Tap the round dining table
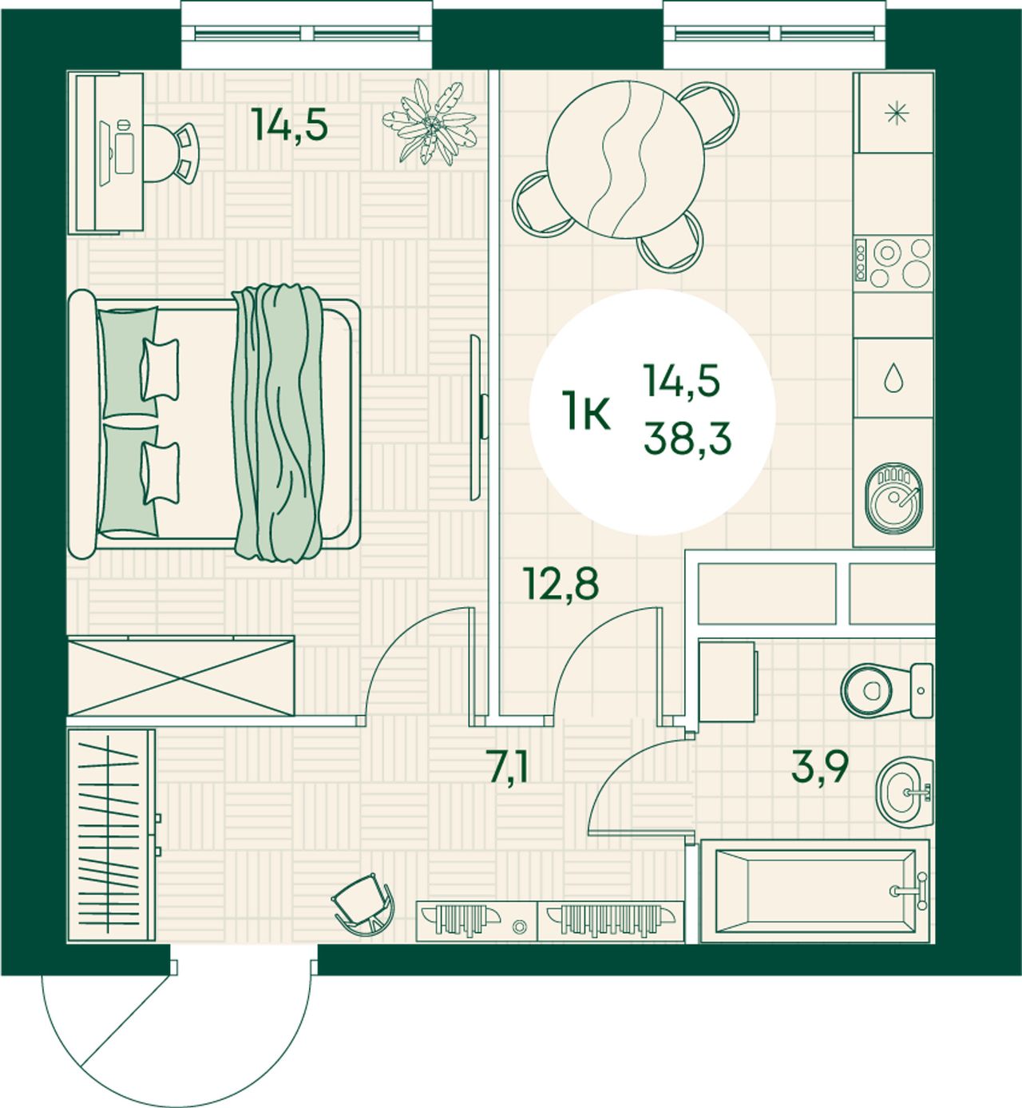pos(625,160)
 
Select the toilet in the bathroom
pos(886,690)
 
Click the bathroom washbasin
pos(905,792)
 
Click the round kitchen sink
pos(893,498)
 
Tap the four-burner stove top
pos(893,263)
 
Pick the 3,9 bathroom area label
pos(819,767)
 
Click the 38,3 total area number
pos(687,439)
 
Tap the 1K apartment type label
pos(586,411)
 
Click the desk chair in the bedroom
pos(171,153)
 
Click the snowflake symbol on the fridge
pos(897,113)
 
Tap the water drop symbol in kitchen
pos(893,377)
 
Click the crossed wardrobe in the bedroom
pos(180,676)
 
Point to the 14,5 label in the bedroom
pos(289,124)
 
